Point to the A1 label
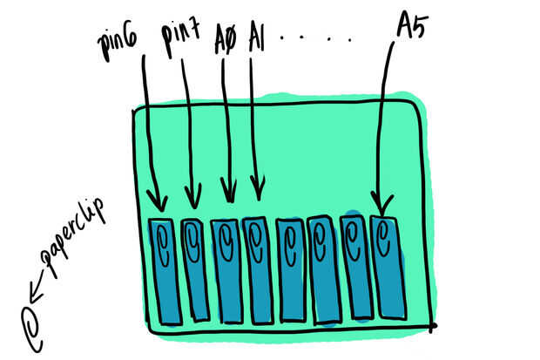click(257, 37)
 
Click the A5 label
click(409, 27)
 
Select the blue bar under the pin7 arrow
click(196, 270)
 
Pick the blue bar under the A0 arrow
click(226, 270)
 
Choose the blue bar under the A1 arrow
click(258, 270)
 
